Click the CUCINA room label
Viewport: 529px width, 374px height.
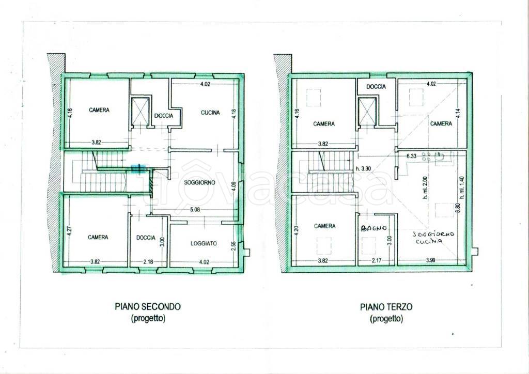point(210,113)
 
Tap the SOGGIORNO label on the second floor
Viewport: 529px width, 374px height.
point(200,183)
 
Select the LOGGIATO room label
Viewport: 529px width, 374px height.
point(204,243)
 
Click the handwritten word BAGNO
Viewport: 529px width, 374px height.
point(374,228)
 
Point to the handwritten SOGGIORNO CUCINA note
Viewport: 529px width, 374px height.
point(433,238)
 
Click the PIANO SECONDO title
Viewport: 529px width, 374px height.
point(148,306)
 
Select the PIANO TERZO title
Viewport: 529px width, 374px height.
point(386,307)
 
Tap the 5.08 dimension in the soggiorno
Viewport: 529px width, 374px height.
point(195,209)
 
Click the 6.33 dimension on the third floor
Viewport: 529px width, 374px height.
point(412,156)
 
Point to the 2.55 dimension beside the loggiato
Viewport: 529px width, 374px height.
point(233,245)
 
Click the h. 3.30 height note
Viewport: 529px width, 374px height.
point(363,169)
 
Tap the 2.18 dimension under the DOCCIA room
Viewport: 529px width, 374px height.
point(147,261)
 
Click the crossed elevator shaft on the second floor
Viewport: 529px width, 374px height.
point(140,111)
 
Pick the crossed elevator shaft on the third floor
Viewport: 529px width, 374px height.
point(367,111)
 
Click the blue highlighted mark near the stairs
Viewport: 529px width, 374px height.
point(138,168)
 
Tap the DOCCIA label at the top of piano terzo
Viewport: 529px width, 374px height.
point(376,87)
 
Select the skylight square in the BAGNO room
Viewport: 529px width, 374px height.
point(369,245)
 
